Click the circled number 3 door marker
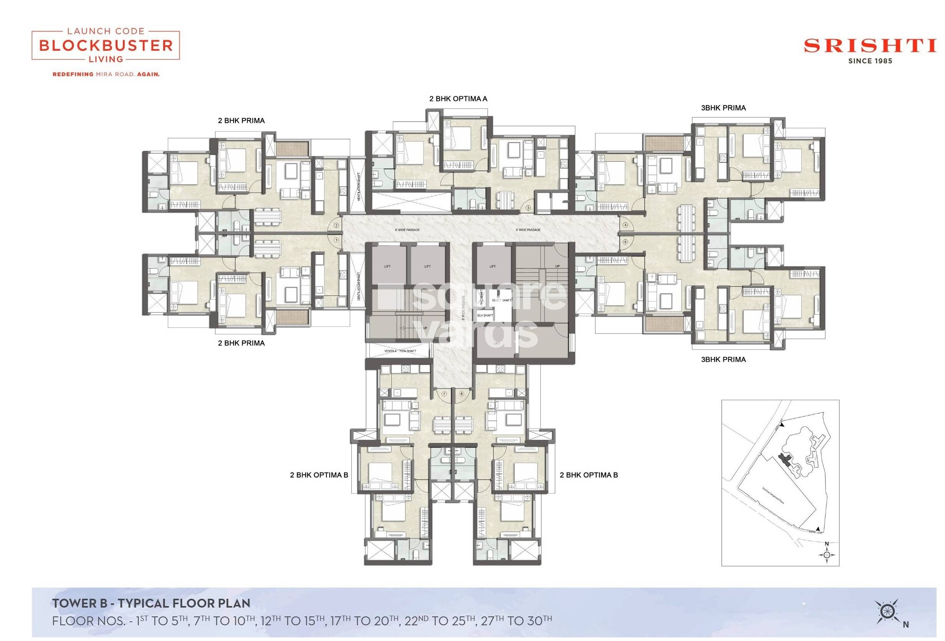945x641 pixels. [x=528, y=208]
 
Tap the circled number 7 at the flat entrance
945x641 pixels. [x=444, y=394]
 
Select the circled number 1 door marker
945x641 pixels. [x=336, y=240]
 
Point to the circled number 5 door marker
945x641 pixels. [x=626, y=242]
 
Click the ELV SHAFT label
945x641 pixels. [x=485, y=315]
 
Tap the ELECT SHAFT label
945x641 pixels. [x=502, y=300]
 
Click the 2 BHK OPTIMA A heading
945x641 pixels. [x=458, y=99]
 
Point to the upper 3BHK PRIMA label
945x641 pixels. [x=723, y=108]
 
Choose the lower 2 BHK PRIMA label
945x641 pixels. [x=241, y=343]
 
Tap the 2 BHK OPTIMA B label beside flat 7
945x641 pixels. [x=319, y=475]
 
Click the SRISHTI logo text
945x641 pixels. [x=870, y=46]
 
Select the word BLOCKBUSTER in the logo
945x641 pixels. [x=106, y=45]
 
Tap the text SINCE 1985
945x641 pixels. [x=870, y=61]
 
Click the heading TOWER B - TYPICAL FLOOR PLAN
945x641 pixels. [x=151, y=603]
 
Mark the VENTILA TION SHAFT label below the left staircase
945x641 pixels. [x=400, y=351]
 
